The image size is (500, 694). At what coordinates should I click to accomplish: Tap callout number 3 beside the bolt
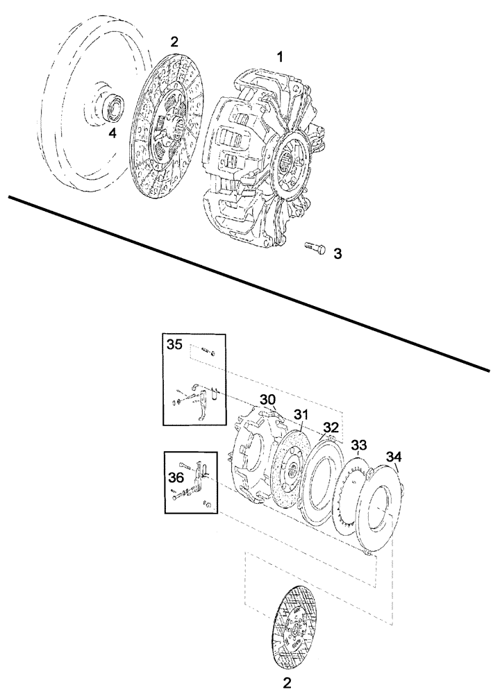[337, 254]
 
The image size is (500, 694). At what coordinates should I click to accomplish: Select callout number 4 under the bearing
[112, 133]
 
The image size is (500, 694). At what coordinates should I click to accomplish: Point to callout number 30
[267, 400]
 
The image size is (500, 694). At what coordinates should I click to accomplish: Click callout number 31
[299, 414]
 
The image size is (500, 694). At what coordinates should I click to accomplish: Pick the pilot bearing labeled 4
[112, 107]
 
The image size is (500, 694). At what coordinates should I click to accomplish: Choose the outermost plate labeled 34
[381, 507]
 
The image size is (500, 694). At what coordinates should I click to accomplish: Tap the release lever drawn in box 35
[203, 403]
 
